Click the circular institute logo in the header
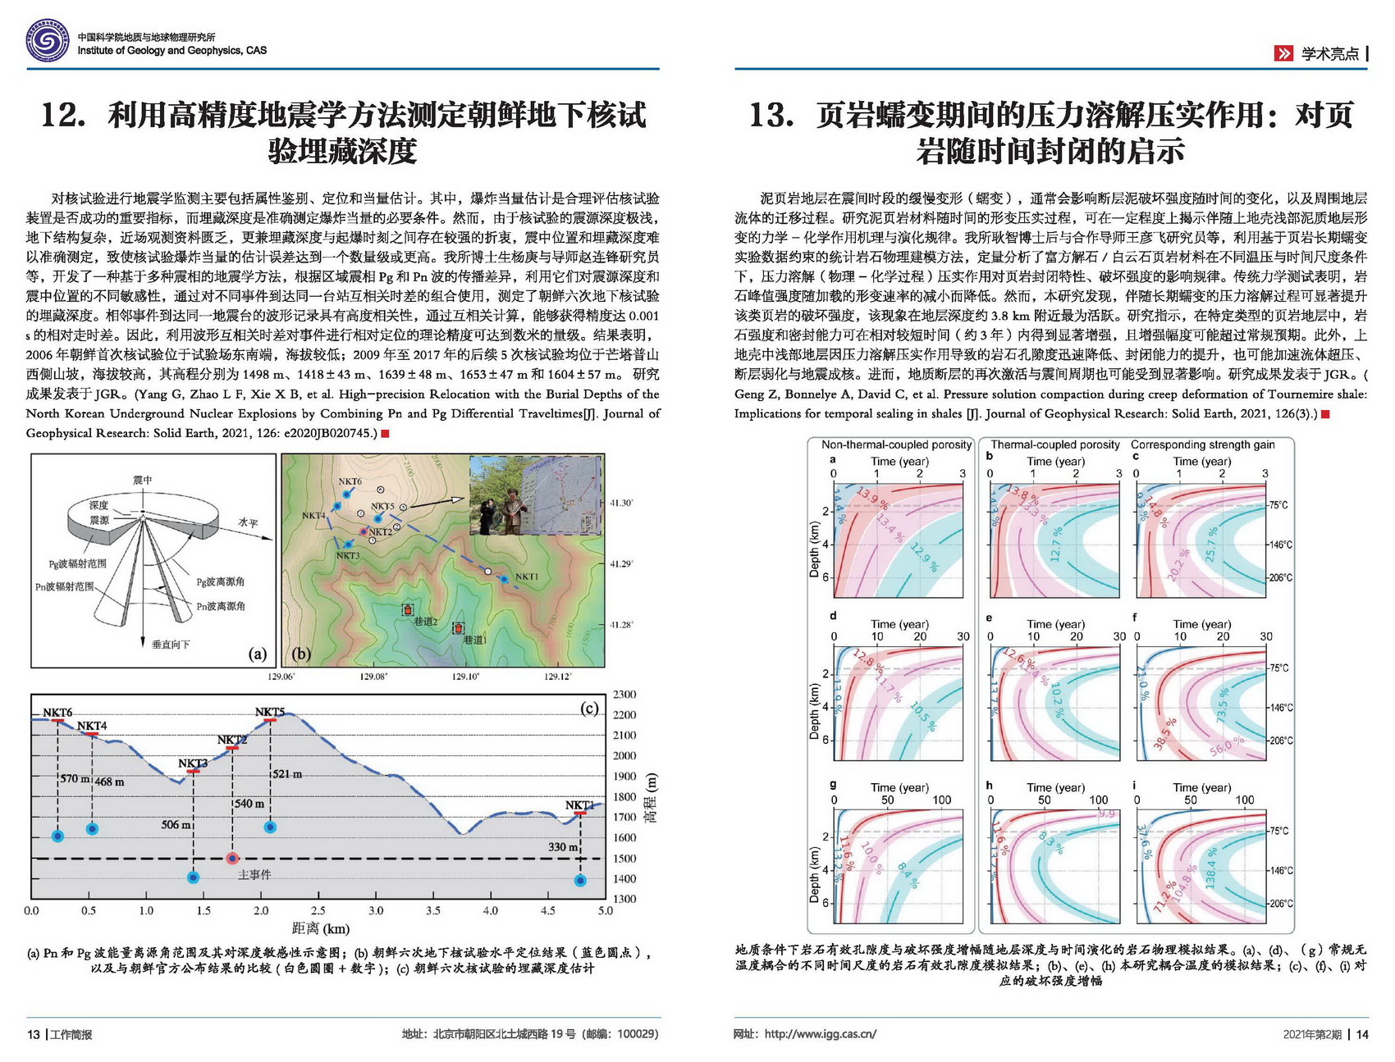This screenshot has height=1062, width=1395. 47,39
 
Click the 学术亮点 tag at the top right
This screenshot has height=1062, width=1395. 1329,54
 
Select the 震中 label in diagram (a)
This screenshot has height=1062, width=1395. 143,481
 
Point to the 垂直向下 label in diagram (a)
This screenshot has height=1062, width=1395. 172,645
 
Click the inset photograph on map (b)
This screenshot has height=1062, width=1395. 535,496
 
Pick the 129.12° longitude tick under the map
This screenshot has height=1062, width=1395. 558,677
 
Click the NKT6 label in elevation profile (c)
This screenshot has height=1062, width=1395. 57,713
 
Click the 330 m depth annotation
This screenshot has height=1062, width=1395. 563,846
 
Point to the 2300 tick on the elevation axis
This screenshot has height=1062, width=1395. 624,695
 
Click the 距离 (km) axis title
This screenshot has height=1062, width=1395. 320,929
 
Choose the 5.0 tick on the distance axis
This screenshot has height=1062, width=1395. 605,910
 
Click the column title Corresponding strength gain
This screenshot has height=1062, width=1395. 1203,445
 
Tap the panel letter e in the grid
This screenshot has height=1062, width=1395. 990,618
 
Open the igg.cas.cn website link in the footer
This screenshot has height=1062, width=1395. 820,1034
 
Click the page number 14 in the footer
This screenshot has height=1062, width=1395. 1362,1034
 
